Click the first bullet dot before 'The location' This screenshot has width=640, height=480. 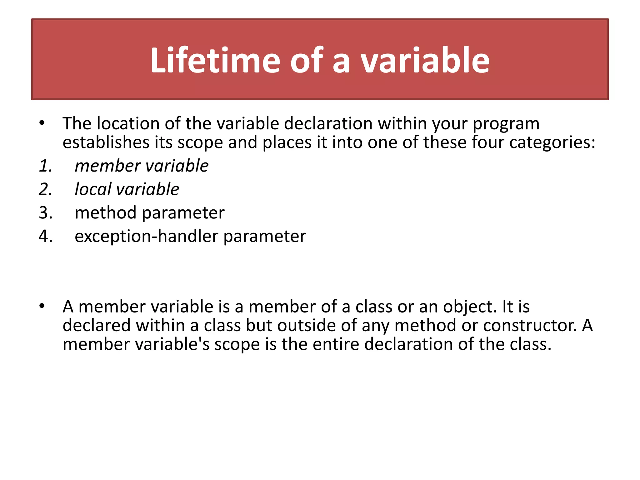click(42, 123)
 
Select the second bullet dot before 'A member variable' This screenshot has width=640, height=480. click(42, 306)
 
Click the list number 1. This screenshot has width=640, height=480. click(45, 166)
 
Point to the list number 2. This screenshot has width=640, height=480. click(45, 189)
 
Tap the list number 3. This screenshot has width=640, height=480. click(45, 213)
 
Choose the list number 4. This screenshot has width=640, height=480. click(45, 236)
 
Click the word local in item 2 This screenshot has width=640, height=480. click(93, 189)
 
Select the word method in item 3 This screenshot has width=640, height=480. click(106, 213)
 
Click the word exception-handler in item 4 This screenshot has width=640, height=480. click(146, 236)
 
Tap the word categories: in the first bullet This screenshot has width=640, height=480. click(552, 143)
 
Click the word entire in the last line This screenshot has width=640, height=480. click(336, 344)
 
